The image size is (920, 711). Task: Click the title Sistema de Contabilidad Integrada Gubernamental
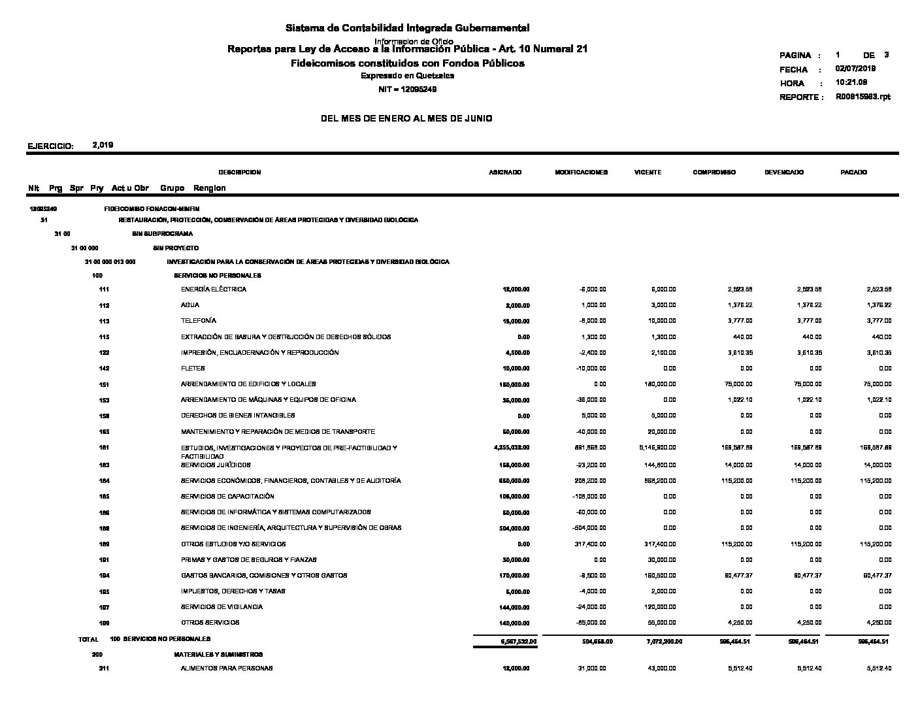407,28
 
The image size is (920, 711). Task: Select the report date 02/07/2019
855,69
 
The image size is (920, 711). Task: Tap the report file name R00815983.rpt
862,97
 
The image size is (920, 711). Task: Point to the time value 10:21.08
851,83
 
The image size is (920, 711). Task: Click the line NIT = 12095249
407,90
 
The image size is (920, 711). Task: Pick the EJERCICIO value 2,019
103,145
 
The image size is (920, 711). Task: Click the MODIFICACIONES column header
581,173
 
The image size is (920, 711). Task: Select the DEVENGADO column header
784,173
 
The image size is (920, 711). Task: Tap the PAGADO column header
853,173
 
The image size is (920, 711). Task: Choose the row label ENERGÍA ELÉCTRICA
214,289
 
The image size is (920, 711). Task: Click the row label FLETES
193,369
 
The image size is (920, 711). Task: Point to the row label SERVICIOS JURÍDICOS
216,465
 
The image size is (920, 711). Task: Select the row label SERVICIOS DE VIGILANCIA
222,607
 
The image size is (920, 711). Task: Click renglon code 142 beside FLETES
104,369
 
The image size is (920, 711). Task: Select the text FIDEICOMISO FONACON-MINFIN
152,209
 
